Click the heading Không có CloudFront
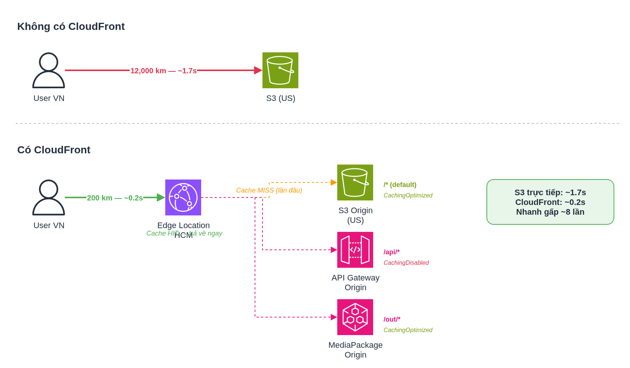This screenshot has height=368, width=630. [71, 27]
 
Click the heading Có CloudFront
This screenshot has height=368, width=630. [54, 150]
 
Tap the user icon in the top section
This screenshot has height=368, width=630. [49, 70]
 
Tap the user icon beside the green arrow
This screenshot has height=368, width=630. [49, 197]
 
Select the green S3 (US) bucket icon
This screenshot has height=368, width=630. [280, 70]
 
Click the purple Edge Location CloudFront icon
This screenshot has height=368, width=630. [183, 197]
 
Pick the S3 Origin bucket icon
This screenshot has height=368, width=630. [355, 183]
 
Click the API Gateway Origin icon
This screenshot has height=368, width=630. [355, 250]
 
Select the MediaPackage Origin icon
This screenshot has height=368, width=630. [355, 317]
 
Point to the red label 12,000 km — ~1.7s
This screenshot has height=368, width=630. [163, 71]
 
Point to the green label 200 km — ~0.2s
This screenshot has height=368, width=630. [115, 198]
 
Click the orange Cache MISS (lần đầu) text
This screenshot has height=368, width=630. [269, 190]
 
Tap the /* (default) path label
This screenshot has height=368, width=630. [400, 185]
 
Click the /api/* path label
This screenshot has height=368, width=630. [391, 252]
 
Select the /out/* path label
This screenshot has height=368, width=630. [392, 319]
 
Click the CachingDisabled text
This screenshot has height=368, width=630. [406, 263]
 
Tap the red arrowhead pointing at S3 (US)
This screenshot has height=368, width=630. [258, 70]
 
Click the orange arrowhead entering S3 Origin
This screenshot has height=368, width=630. [334, 183]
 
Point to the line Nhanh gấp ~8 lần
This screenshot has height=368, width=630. [550, 212]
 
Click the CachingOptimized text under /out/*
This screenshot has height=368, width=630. [408, 330]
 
